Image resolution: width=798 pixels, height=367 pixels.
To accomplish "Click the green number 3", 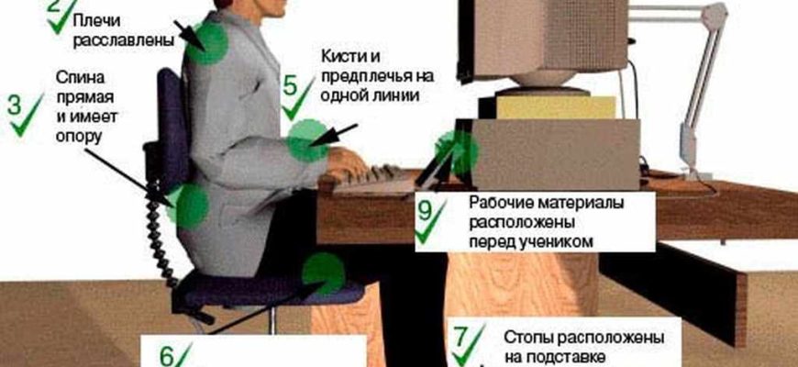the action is pyautogui.click(x=15, y=106).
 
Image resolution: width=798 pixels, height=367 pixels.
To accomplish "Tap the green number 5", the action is pyautogui.click(x=290, y=85).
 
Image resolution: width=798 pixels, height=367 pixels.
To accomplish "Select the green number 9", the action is pyautogui.click(x=425, y=211).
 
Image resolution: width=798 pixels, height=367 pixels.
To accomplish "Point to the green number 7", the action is pyautogui.click(x=460, y=336).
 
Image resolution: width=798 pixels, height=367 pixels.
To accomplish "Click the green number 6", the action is pyautogui.click(x=168, y=357).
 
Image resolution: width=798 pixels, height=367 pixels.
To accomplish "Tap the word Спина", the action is pyautogui.click(x=80, y=78).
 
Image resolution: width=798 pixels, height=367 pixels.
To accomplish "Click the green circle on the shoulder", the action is pyautogui.click(x=207, y=43).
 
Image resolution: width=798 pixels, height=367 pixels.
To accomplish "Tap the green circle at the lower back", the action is pyautogui.click(x=188, y=206).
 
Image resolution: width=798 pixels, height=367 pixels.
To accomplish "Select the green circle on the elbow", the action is pyautogui.click(x=308, y=140).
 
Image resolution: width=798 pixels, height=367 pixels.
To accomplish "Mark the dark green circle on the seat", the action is pyautogui.click(x=324, y=273).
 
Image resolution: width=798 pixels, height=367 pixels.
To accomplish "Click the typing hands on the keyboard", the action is pyautogui.click(x=346, y=164).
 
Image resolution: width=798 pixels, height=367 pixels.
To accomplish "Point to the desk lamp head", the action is pyautogui.click(x=715, y=16).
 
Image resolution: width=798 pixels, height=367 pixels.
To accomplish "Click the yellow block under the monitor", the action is pyautogui.click(x=556, y=107).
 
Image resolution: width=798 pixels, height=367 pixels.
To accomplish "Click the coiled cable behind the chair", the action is pyautogui.click(x=159, y=239).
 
